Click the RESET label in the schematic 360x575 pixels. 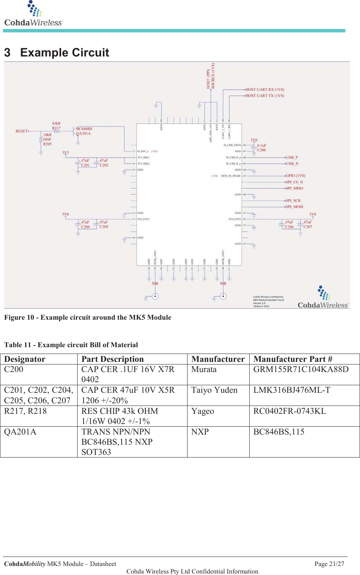(x=21, y=131)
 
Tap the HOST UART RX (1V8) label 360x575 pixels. (x=265, y=90)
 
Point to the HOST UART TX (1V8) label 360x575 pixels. (x=265, y=96)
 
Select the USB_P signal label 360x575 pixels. (x=292, y=157)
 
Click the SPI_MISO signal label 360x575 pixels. (x=294, y=188)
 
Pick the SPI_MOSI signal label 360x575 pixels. (x=294, y=207)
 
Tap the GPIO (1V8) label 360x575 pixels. (x=295, y=175)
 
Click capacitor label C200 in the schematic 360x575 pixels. (x=261, y=150)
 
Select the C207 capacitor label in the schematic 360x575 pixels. (x=308, y=227)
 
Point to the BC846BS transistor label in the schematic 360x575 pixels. (x=84, y=129)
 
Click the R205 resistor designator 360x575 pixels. (x=47, y=144)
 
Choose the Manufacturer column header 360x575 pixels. (x=218, y=359)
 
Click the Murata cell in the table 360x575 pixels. (x=204, y=369)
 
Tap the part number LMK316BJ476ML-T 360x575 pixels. (x=291, y=390)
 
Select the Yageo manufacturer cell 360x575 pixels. (x=203, y=411)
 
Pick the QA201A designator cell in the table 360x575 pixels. (x=20, y=432)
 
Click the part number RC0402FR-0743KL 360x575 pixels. (x=289, y=411)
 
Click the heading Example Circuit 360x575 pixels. (x=64, y=53)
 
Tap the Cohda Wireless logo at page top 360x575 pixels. (x=34, y=15)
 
